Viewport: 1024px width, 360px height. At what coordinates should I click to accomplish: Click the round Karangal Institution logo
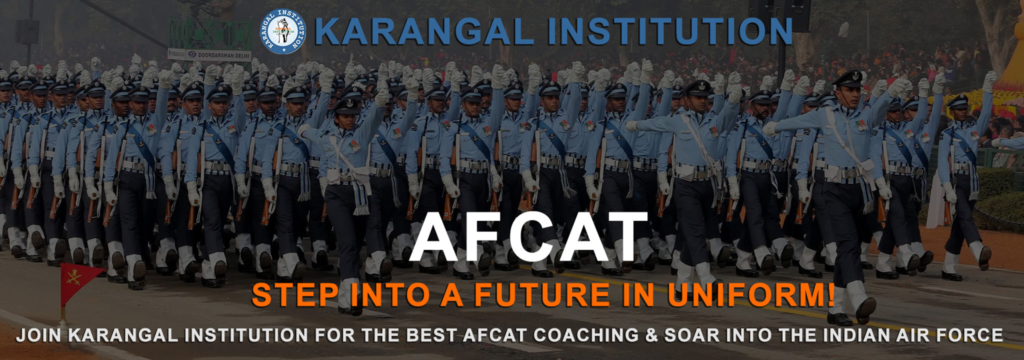[x=282, y=31]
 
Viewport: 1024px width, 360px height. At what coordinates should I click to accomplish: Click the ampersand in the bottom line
[x=651, y=335]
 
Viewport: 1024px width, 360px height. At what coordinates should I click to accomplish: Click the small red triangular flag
[x=80, y=280]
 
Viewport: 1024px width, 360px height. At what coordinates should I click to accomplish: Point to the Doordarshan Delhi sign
[x=209, y=54]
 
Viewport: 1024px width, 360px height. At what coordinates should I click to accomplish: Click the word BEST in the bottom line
[x=433, y=335]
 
